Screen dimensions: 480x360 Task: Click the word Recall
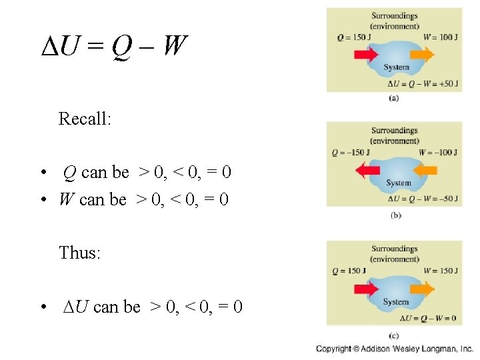click(85, 119)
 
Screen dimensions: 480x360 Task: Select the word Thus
click(79, 253)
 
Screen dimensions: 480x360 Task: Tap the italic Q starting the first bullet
click(69, 173)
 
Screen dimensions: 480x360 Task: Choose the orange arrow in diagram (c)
click(419, 289)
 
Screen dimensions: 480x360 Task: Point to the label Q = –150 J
click(351, 153)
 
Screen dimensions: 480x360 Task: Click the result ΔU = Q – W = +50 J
click(422, 83)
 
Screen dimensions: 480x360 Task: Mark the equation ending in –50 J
click(422, 199)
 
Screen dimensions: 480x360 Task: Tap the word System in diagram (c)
click(396, 302)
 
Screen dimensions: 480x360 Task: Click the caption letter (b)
click(395, 215)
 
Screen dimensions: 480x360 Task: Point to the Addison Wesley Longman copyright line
click(395, 349)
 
